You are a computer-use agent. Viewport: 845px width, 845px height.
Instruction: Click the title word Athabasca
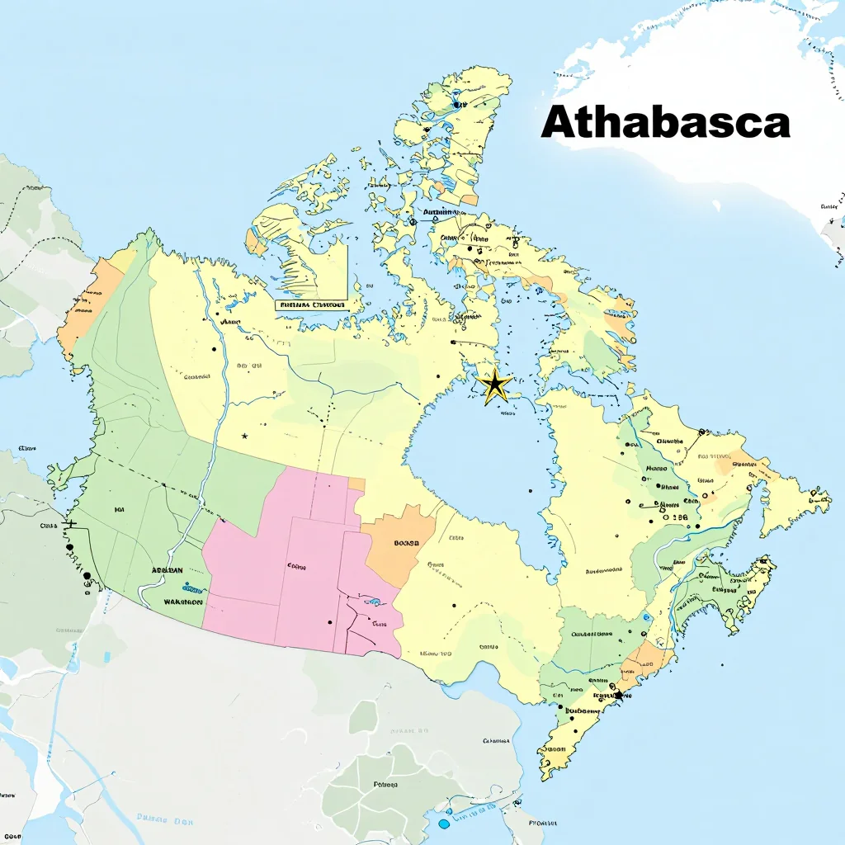[x=665, y=124]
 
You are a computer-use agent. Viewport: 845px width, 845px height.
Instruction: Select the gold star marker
[x=495, y=385]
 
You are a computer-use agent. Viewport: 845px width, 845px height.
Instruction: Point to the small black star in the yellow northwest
[x=244, y=436]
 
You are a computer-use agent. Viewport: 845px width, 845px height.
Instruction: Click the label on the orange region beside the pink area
[x=407, y=543]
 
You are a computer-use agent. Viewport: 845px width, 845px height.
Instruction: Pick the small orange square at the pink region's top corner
[x=356, y=484]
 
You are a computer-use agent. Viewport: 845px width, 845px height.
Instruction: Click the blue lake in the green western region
[x=192, y=588]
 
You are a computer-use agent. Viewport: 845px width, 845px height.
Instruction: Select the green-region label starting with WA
[x=182, y=602]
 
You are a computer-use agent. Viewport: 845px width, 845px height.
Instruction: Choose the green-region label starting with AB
[x=167, y=570]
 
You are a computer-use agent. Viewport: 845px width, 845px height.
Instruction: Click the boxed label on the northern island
[x=312, y=304]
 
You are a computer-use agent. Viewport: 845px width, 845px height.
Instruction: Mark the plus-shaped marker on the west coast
[x=70, y=523]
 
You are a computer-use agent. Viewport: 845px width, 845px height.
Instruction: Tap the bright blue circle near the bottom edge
[x=444, y=823]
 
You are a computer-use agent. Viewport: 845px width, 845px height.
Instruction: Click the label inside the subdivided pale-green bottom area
[x=385, y=785]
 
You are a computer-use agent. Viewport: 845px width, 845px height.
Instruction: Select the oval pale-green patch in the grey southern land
[x=362, y=717]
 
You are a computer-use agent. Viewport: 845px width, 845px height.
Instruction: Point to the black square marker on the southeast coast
[x=618, y=696]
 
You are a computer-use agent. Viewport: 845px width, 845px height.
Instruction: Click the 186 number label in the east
[x=678, y=517]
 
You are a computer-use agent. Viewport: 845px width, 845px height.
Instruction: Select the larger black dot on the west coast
[x=87, y=575]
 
